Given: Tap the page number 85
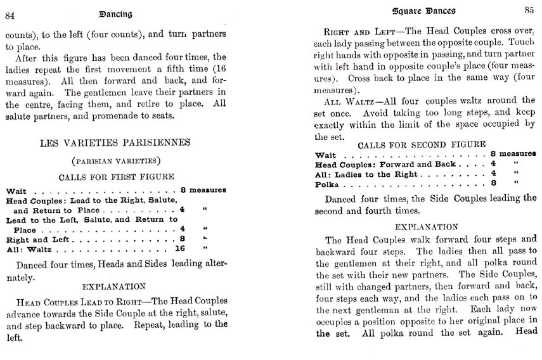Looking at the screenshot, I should point(529,10).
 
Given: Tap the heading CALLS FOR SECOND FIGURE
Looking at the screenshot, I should point(426,145).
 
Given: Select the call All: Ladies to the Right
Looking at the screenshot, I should point(366,174).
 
